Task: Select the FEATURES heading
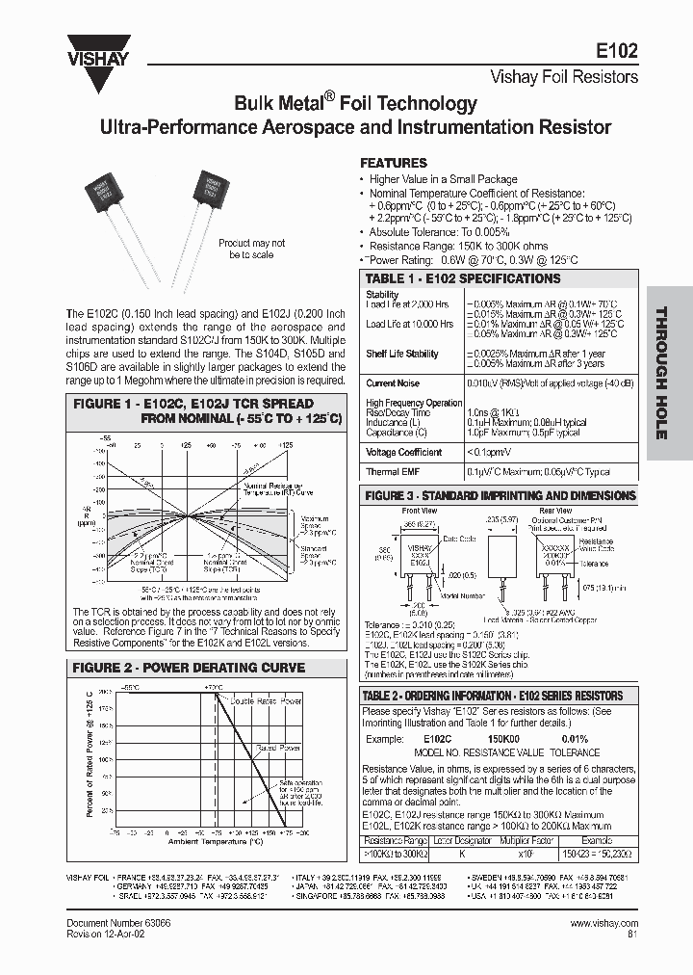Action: pos(393,164)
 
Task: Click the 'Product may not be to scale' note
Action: pos(251,249)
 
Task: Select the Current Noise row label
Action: pos(393,382)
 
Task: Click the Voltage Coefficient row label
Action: pos(403,451)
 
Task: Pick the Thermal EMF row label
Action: pos(391,472)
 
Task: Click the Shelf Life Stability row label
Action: pos(401,354)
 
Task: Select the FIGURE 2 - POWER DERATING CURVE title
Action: pos(190,668)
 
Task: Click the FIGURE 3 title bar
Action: pos(500,495)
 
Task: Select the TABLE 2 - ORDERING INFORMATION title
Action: pos(492,696)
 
